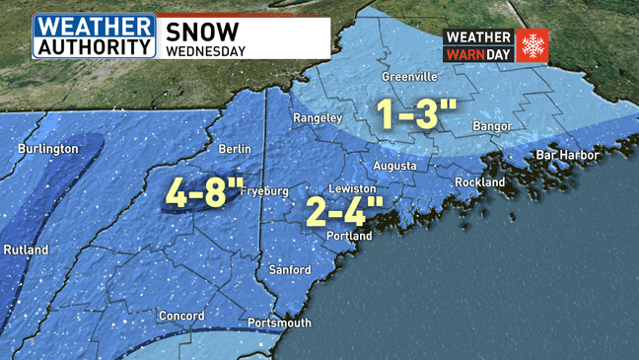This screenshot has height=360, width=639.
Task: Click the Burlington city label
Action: [x=47, y=149]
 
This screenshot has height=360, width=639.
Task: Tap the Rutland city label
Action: [x=25, y=251]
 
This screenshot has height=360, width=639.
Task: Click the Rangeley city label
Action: [x=318, y=118]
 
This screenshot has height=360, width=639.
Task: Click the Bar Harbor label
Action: [x=567, y=156]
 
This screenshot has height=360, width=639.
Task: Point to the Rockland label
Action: [x=479, y=182]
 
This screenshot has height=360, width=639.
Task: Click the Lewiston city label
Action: [x=352, y=188]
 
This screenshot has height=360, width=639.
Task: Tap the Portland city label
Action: [x=349, y=237]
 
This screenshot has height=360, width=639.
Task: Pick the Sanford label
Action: [x=290, y=269]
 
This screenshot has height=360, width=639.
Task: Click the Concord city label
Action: [x=181, y=316]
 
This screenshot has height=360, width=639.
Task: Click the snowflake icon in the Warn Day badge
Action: [x=532, y=45]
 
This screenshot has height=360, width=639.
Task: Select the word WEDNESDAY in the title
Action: [x=205, y=47]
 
